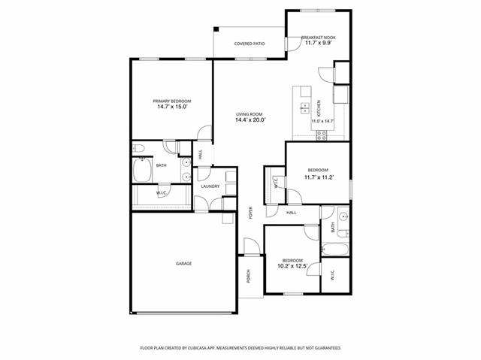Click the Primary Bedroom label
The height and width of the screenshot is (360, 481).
pyautogui.click(x=172, y=101)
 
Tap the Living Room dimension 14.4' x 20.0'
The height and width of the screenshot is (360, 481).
pyautogui.click(x=250, y=120)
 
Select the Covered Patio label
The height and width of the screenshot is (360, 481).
pyautogui.click(x=250, y=44)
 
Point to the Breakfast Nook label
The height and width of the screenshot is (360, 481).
pyautogui.click(x=319, y=38)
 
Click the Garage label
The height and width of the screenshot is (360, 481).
pyautogui.click(x=183, y=263)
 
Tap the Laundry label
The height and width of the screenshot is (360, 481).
pyautogui.click(x=210, y=186)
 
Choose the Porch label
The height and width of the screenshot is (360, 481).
pyautogui.click(x=249, y=276)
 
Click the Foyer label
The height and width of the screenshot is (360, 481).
pyautogui.click(x=250, y=213)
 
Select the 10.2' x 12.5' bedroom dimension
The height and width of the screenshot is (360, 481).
pyautogui.click(x=292, y=266)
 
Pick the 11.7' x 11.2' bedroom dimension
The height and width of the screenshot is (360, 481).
pyautogui.click(x=319, y=177)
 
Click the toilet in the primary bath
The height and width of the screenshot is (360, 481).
pyautogui.click(x=138, y=149)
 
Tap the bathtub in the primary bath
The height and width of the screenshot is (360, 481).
pyautogui.click(x=142, y=170)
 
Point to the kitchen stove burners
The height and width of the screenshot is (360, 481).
pyautogui.click(x=322, y=135)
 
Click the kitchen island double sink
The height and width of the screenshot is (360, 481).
pyautogui.click(x=304, y=108)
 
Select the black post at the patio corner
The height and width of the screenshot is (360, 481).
pyautogui.click(x=216, y=29)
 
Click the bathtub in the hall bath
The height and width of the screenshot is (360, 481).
pyautogui.click(x=335, y=250)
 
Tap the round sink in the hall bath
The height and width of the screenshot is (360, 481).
pyautogui.click(x=343, y=216)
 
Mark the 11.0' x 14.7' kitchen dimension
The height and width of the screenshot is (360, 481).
pyautogui.click(x=322, y=121)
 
